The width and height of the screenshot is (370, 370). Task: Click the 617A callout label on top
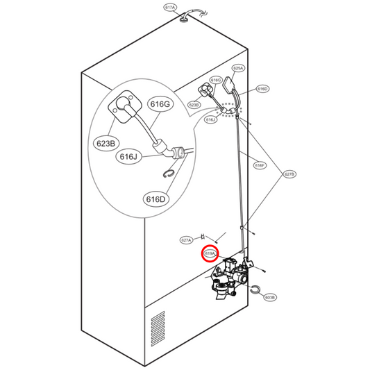pyautogui.click(x=171, y=8)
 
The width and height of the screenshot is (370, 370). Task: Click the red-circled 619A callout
pyautogui.click(x=210, y=255)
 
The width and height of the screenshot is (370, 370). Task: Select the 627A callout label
pyautogui.click(x=185, y=239)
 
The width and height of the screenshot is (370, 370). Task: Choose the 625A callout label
pyautogui.click(x=238, y=68)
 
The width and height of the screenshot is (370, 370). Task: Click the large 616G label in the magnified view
pyautogui.click(x=159, y=104)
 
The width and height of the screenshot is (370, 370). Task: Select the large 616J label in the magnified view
pyautogui.click(x=130, y=157)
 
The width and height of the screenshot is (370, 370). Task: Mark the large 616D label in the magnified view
pyautogui.click(x=156, y=199)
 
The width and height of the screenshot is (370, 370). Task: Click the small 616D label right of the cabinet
pyautogui.click(x=262, y=89)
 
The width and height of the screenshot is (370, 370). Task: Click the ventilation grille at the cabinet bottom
pyautogui.click(x=158, y=329)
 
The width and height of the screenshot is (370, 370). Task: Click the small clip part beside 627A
pyautogui.click(x=203, y=236)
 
